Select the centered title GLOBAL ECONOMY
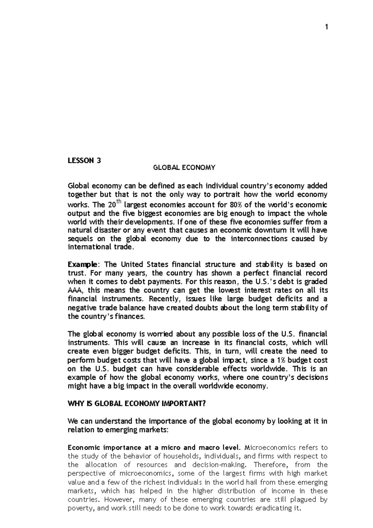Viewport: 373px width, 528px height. [184, 168]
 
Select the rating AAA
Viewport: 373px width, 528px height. [76, 290]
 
